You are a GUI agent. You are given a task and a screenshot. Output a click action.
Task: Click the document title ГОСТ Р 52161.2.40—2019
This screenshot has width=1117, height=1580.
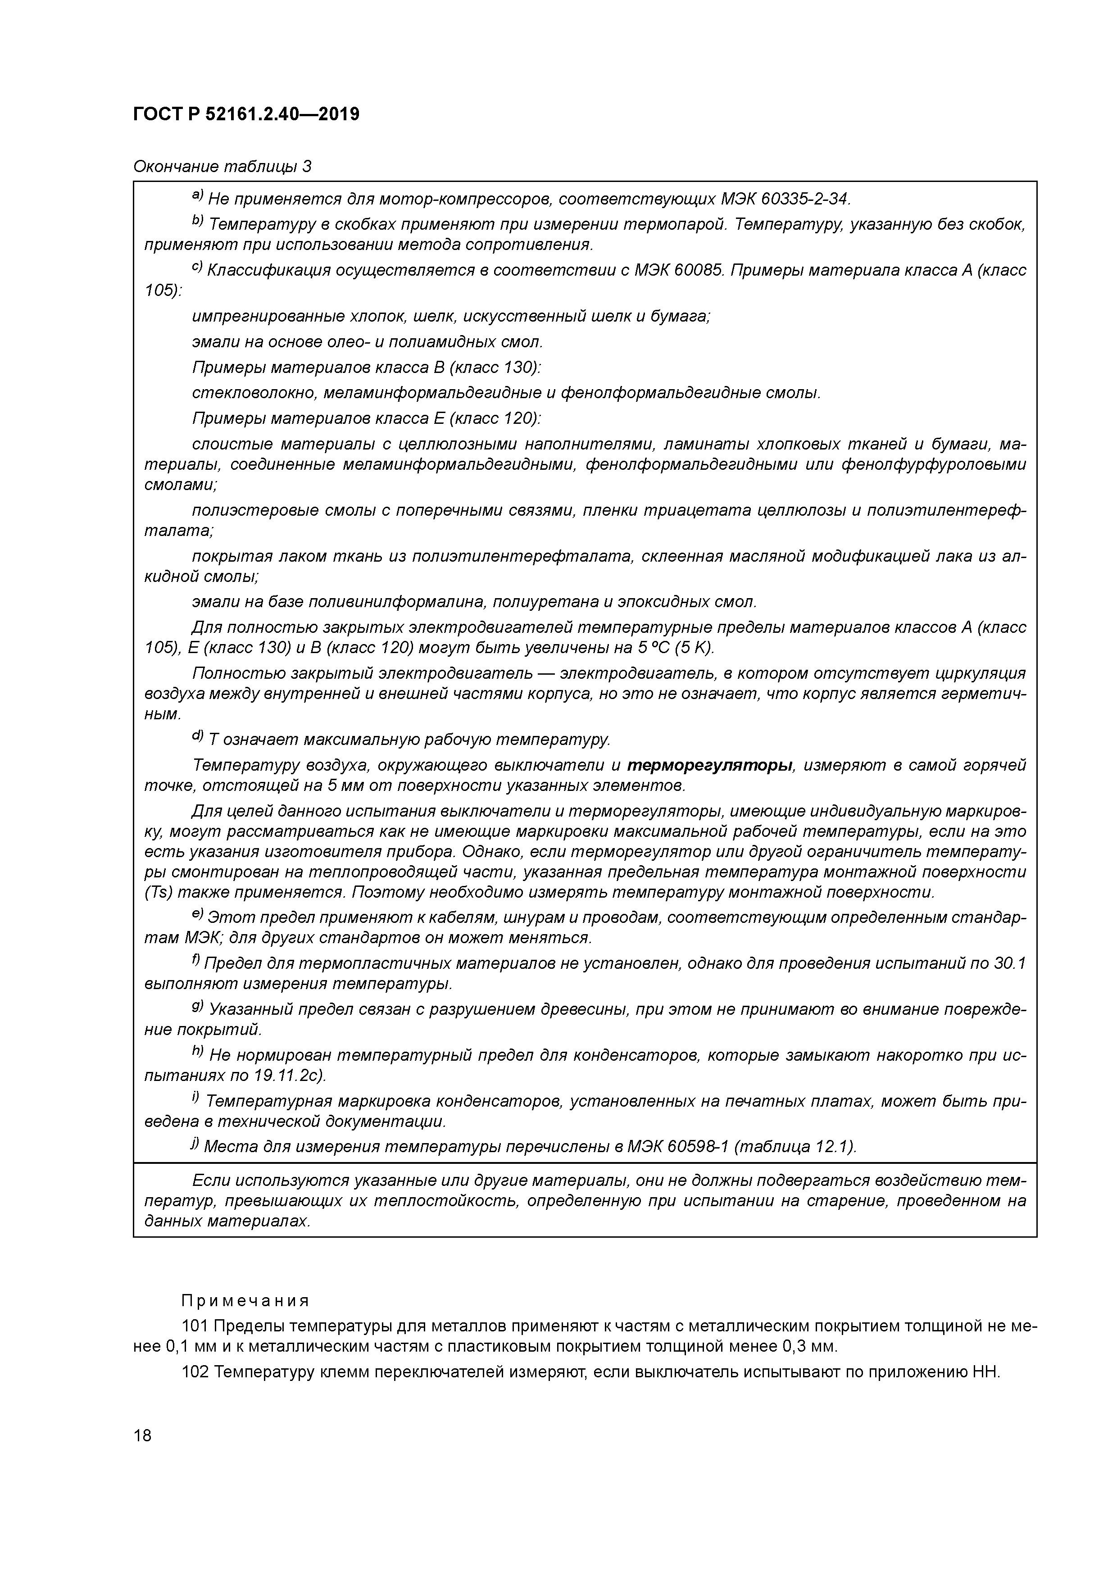point(246,114)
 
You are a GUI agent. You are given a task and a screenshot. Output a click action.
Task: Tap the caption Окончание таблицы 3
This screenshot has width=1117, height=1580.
point(222,167)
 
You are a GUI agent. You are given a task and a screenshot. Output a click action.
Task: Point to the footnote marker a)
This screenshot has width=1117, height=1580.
point(198,197)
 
